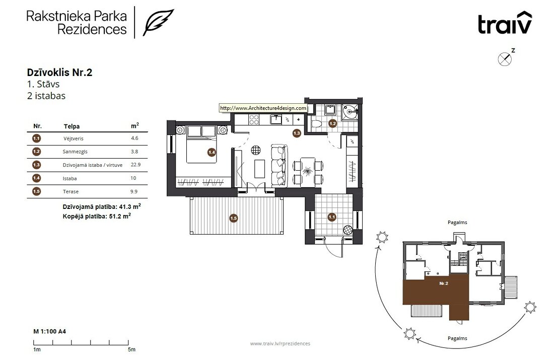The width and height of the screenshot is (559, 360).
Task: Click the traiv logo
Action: click(x=505, y=23)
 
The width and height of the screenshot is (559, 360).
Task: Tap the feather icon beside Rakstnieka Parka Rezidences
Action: click(x=158, y=23)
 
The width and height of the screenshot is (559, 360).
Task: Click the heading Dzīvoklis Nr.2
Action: click(x=59, y=73)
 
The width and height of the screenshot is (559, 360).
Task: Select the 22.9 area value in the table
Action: click(x=135, y=165)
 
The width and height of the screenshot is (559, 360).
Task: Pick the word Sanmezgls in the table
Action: click(x=75, y=152)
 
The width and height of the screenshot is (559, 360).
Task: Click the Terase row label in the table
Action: click(x=71, y=192)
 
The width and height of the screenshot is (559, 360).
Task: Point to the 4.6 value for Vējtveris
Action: click(x=134, y=138)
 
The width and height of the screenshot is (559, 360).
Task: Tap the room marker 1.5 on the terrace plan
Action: click(x=234, y=218)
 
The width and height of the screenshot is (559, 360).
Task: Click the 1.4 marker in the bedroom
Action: click(x=212, y=152)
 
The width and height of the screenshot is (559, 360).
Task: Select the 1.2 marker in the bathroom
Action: click(x=332, y=124)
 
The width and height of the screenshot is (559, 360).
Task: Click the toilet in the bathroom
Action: click(x=316, y=124)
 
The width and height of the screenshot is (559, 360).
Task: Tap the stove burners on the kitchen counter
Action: click(x=254, y=119)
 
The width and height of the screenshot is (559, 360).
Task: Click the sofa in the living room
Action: click(x=279, y=165)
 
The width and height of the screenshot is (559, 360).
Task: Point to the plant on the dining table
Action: click(x=307, y=172)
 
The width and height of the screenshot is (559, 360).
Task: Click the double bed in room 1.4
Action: click(x=201, y=144)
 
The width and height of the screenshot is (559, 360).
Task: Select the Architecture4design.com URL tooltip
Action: click(x=263, y=108)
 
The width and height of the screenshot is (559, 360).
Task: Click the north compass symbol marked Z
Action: click(x=505, y=59)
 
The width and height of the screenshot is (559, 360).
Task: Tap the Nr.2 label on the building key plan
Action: click(x=444, y=283)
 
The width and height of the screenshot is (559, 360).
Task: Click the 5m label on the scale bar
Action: click(x=131, y=349)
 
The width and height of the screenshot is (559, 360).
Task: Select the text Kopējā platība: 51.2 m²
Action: click(x=97, y=216)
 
